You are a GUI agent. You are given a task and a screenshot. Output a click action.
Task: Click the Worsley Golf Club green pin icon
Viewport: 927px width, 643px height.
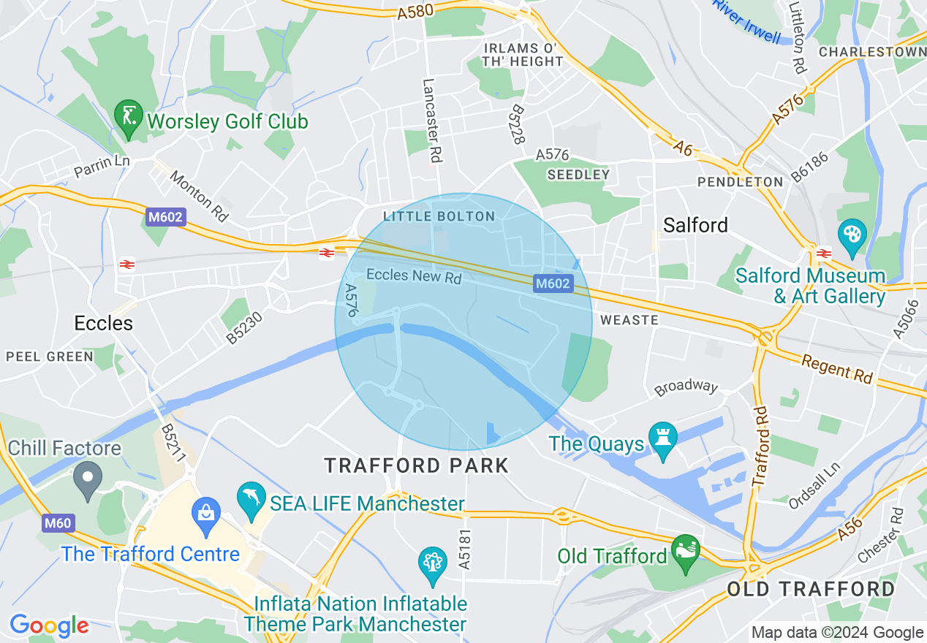129,117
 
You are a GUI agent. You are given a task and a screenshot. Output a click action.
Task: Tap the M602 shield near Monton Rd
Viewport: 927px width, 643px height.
165,217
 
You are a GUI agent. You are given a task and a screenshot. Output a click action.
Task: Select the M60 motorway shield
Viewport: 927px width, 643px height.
57,523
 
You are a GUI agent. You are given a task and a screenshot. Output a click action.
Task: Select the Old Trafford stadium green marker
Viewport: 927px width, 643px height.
686,552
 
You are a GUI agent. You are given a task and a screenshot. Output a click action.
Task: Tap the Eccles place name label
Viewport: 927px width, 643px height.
104,323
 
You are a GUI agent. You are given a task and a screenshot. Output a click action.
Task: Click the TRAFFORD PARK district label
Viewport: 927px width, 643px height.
417,465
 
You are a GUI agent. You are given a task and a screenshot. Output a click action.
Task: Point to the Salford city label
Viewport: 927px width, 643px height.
695,225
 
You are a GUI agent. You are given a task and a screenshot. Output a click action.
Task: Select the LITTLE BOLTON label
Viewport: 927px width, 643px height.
439,216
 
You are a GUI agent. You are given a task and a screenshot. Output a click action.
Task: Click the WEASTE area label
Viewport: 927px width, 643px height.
629,320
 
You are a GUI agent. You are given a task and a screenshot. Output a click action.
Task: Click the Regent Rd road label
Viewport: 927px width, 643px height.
837,369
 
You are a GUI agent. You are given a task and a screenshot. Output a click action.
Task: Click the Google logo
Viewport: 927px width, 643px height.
49,625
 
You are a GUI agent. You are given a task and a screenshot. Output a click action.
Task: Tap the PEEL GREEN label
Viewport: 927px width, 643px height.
50,357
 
